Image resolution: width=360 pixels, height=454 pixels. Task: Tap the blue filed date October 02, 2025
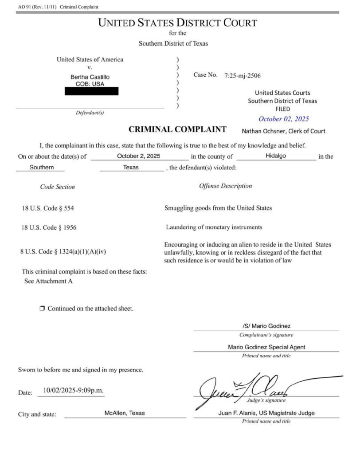pos(283,119)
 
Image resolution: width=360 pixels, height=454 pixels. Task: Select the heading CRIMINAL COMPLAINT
pos(177,129)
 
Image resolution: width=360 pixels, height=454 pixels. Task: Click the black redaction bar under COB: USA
pos(91,91)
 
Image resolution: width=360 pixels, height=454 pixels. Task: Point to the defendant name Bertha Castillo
pos(90,77)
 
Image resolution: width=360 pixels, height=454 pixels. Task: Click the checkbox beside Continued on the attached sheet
pos(42,308)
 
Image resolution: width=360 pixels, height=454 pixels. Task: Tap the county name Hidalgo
pos(277,156)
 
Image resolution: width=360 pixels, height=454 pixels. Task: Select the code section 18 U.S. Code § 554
pos(51,208)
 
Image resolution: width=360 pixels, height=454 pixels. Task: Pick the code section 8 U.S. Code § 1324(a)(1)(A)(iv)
pos(63,251)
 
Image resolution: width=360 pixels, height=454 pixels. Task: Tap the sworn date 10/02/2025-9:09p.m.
pos(71,391)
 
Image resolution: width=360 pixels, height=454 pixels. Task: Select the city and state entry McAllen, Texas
pos(125,413)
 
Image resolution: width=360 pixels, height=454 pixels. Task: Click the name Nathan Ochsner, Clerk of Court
pos(283,131)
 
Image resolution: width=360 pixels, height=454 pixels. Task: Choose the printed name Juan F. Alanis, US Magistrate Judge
pos(266,413)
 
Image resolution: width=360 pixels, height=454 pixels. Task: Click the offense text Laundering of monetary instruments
pos(214,227)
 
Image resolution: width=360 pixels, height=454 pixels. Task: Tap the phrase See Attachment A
pos(48,281)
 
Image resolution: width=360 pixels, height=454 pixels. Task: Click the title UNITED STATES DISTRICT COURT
pos(177,23)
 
